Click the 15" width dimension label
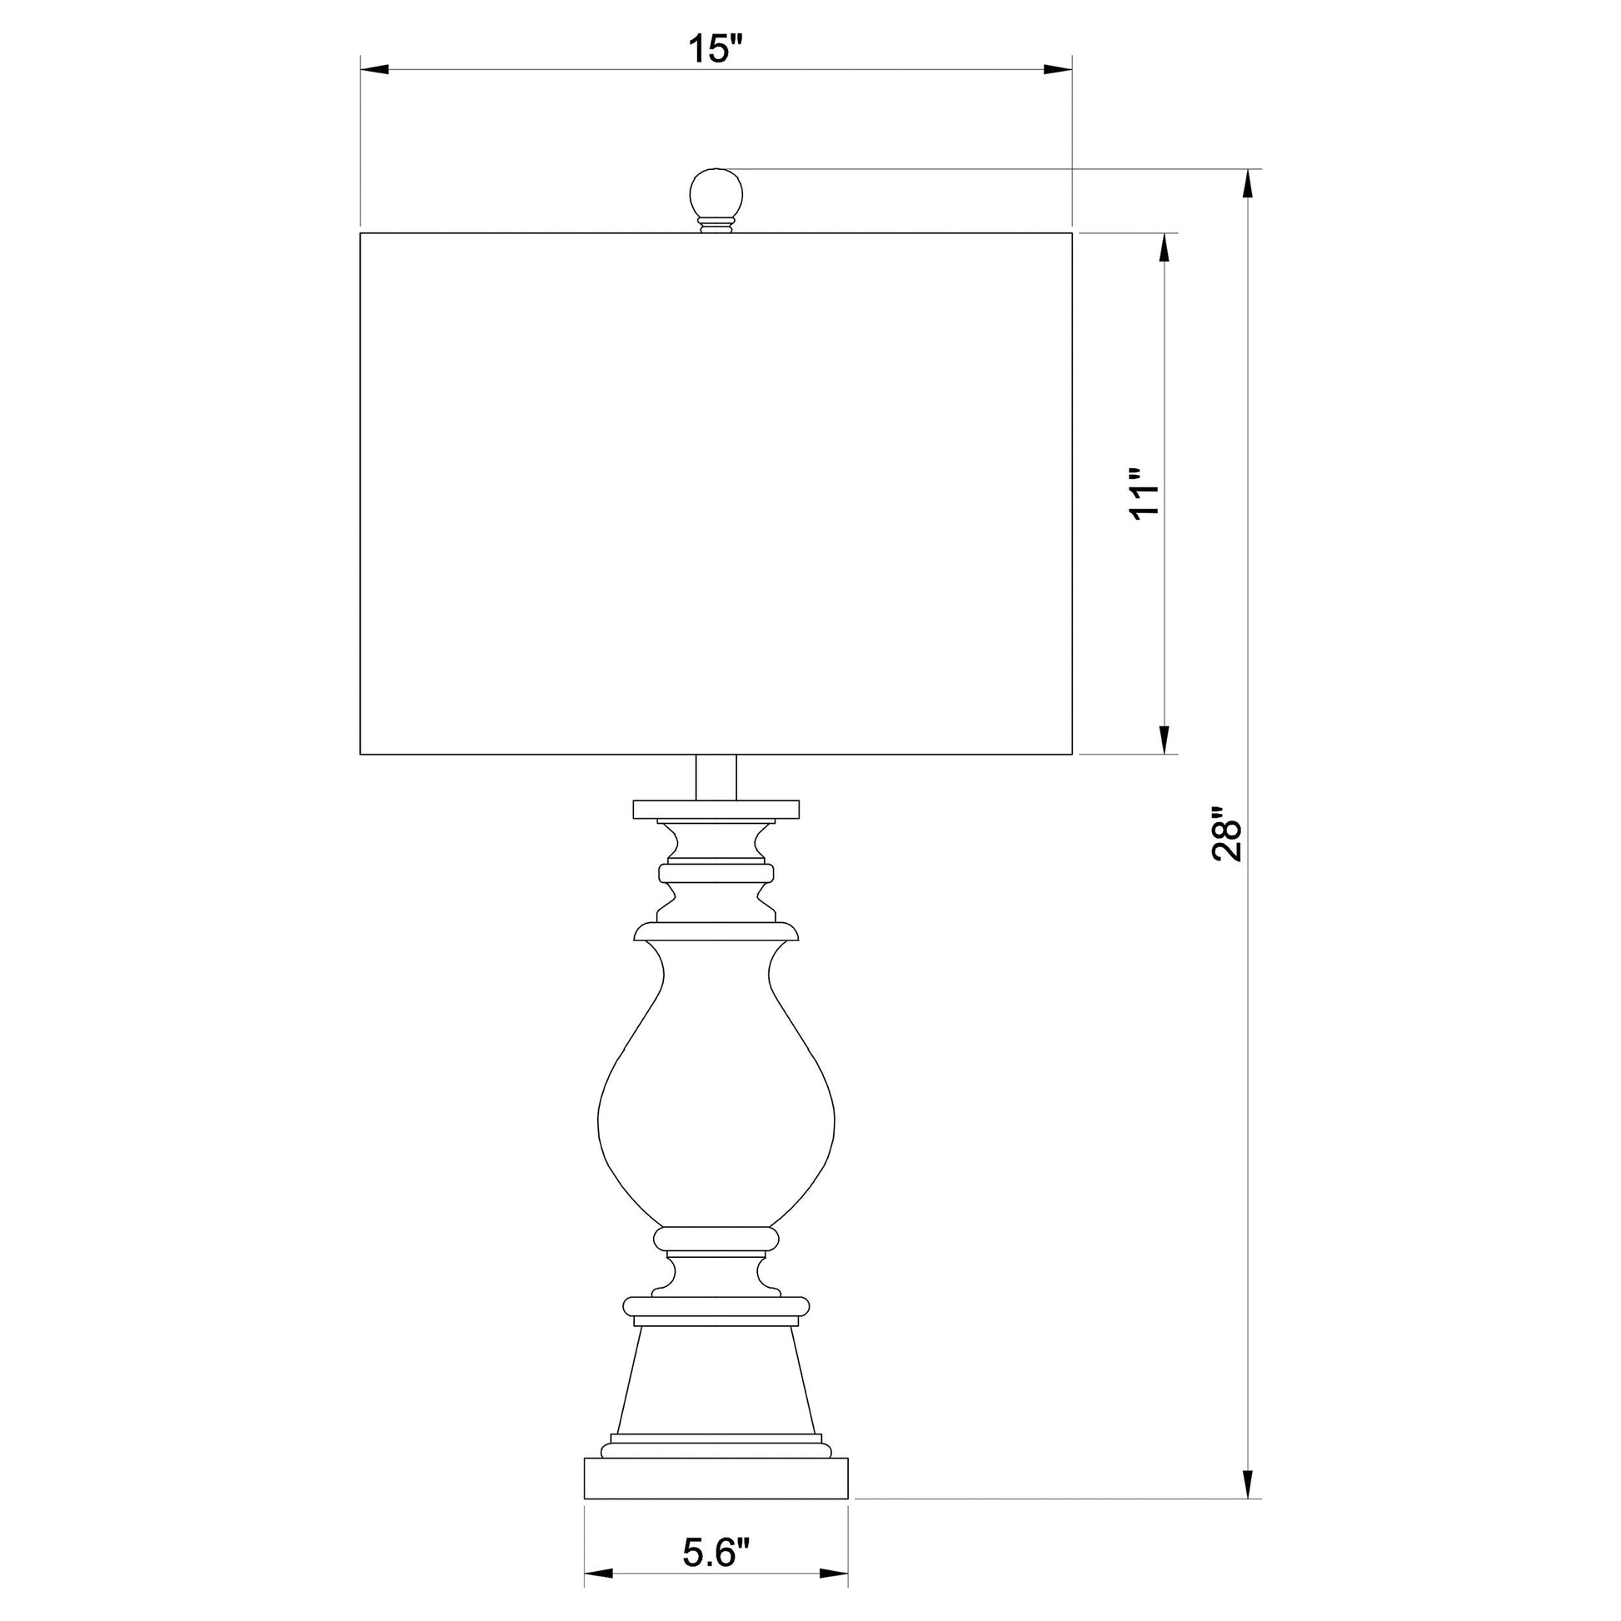coord(716,48)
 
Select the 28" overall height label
coord(1226,835)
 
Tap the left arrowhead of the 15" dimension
coord(374,70)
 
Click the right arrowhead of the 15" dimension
coord(1059,70)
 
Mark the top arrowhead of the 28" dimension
coord(1249,184)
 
